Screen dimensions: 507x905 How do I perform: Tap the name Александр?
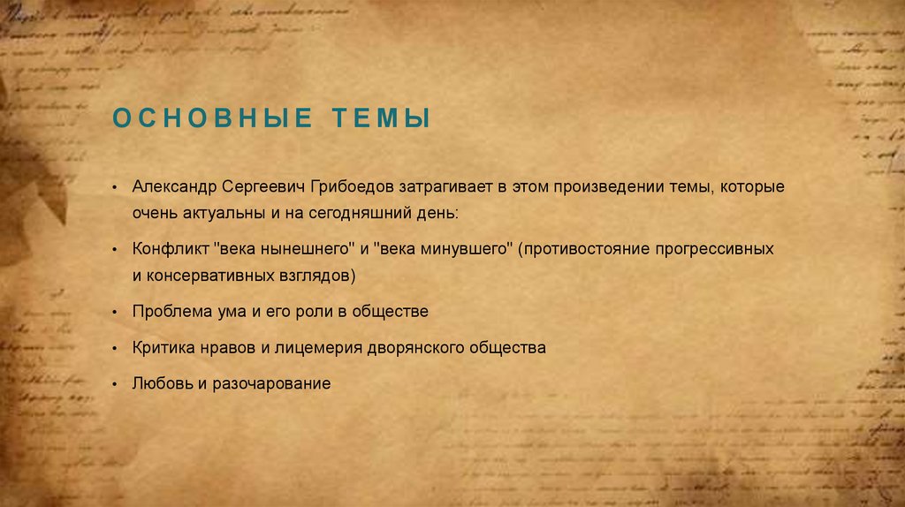point(175,188)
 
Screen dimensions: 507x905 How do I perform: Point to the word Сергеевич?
point(264,188)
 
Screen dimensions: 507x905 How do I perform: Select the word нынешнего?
point(301,250)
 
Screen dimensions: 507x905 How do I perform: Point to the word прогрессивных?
point(719,250)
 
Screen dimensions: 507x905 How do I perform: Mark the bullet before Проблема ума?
point(115,313)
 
